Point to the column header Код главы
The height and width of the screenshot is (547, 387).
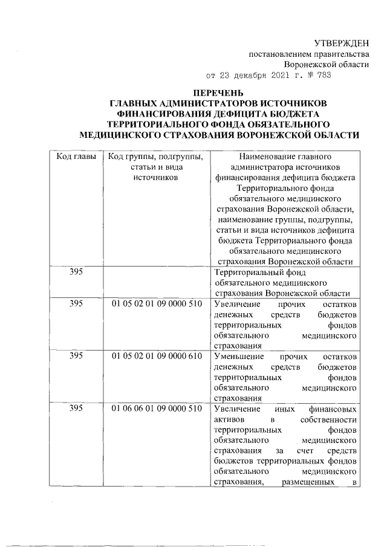point(76,156)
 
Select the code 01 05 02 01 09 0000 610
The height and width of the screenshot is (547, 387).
point(157,357)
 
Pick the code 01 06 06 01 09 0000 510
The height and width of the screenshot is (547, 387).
point(157,409)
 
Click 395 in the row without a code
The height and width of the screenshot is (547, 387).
point(76,272)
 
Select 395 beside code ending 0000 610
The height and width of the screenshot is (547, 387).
point(76,357)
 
